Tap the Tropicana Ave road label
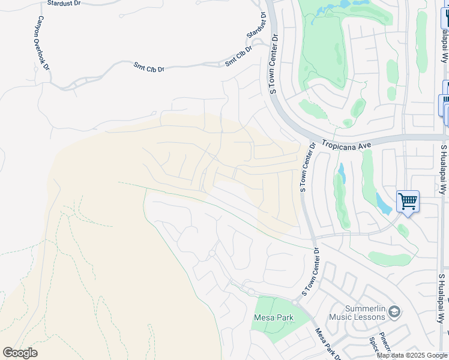point(346,145)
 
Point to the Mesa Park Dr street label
point(327,343)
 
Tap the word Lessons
point(368,317)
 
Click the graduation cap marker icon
point(394,311)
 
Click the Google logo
point(20,353)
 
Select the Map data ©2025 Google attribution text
point(412,355)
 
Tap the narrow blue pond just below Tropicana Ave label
point(342,173)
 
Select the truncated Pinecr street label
point(384,341)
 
